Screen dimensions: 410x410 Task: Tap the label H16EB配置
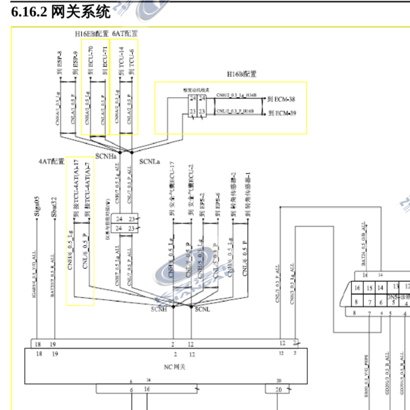click(x=91, y=33)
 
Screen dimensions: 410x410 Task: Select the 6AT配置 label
click(x=125, y=33)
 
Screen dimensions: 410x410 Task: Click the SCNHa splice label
click(x=106, y=156)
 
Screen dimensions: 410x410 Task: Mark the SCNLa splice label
click(x=149, y=162)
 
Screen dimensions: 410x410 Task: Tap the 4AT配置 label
click(x=52, y=162)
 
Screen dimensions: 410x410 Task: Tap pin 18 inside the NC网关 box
click(x=38, y=354)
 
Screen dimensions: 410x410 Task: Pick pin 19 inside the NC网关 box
click(x=54, y=354)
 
